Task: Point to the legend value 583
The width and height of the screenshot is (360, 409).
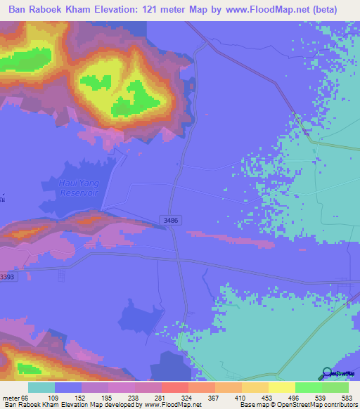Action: point(347,398)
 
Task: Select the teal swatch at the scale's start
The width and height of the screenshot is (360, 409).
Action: point(41,387)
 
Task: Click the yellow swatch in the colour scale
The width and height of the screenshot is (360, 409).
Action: point(281,387)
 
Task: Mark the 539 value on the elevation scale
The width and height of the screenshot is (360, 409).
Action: point(320,398)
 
